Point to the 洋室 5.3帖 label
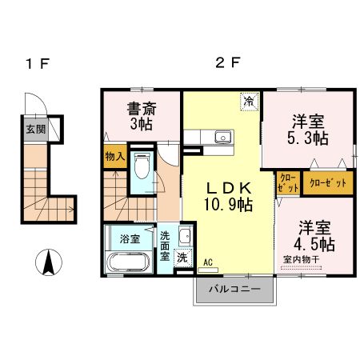coord(307,130)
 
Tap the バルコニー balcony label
coord(234,289)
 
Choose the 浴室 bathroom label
coord(130,238)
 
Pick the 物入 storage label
coord(114,157)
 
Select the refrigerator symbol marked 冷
coord(249,102)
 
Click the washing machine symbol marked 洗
coord(182,258)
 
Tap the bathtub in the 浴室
coord(126,262)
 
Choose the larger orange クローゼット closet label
coord(328,182)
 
